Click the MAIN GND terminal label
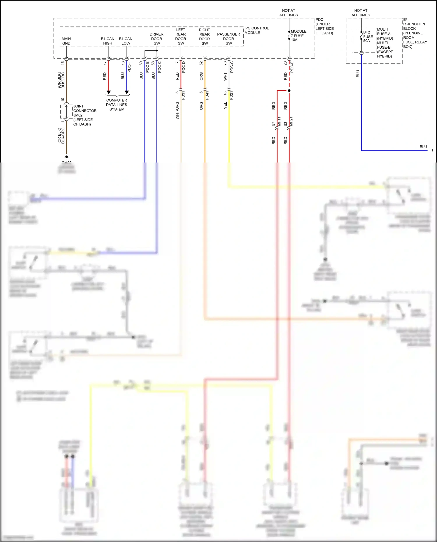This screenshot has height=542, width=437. point(66,41)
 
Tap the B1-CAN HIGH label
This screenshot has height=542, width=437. point(108,41)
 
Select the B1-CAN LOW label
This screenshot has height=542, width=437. point(126,41)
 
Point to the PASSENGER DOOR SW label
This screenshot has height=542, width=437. point(229,39)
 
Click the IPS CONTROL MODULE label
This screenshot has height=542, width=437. point(256,31)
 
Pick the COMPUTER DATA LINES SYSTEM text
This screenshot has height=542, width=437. point(117,105)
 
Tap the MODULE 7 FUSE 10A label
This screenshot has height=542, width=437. point(298,36)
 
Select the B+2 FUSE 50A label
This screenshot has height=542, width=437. point(368,36)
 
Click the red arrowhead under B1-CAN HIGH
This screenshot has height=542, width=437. point(109,92)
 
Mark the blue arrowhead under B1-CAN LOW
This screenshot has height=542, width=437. point(127,92)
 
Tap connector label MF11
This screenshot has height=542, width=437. point(279,121)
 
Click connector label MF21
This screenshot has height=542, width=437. point(291,121)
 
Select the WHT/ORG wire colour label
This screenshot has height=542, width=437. point(177,111)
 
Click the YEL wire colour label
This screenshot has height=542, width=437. point(225,106)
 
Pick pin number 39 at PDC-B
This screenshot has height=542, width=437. point(141,63)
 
